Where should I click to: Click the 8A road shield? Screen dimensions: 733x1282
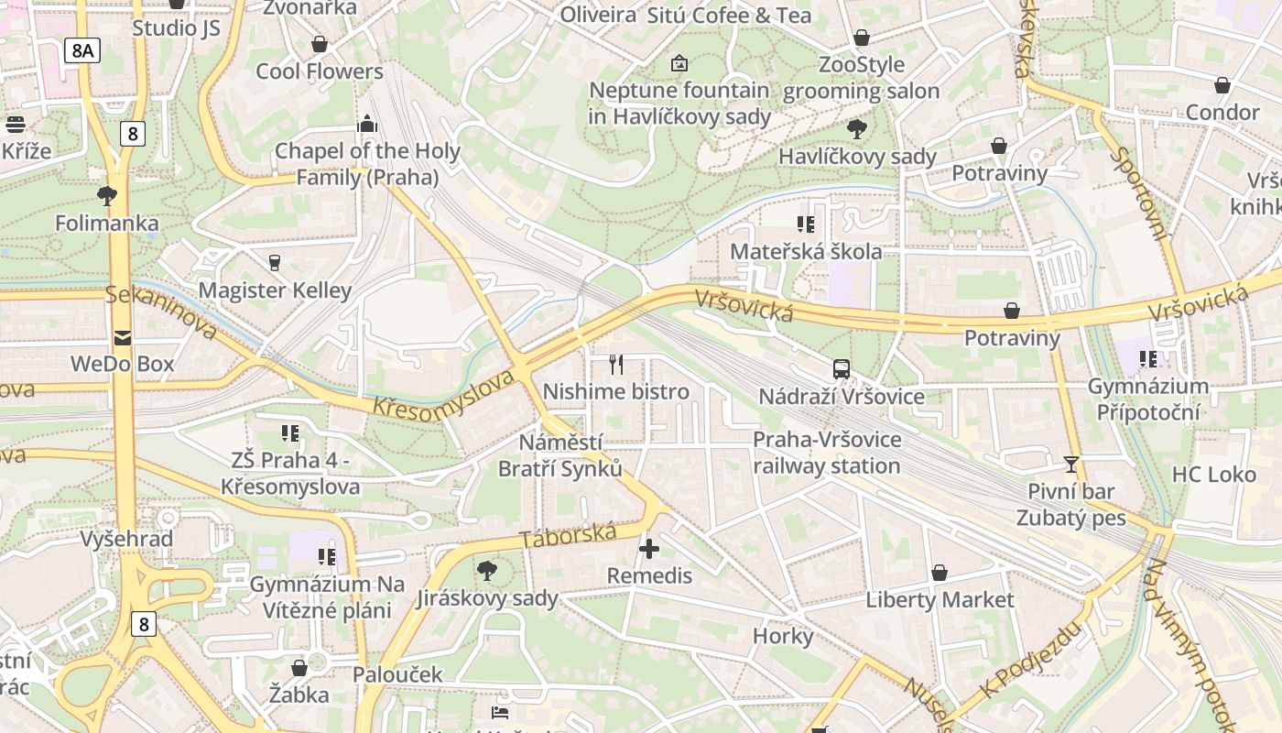click(x=81, y=50)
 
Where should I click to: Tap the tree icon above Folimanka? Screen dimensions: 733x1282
click(x=107, y=195)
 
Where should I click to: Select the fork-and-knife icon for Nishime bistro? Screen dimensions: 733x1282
click(x=616, y=365)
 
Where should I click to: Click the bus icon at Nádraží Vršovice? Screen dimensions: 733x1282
click(x=842, y=369)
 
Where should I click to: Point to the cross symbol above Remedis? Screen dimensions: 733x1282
click(x=649, y=549)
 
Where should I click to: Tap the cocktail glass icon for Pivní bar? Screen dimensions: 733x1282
click(x=1071, y=464)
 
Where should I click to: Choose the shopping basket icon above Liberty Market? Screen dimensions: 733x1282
click(x=940, y=573)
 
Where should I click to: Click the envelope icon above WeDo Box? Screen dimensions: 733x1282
click(x=123, y=337)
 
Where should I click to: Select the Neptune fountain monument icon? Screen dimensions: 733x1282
click(x=679, y=63)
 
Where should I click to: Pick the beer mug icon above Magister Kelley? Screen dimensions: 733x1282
click(x=274, y=263)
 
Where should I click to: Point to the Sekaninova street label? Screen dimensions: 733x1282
click(x=161, y=312)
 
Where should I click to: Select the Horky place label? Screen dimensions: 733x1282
click(x=783, y=636)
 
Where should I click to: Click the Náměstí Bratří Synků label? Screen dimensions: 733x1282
click(x=560, y=455)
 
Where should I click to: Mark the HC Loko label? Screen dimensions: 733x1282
click(x=1213, y=475)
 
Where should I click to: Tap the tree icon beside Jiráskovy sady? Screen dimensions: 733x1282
click(x=487, y=571)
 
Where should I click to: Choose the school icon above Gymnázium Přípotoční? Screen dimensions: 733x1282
click(x=1148, y=359)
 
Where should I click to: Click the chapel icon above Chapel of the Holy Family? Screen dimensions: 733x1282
click(x=367, y=124)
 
